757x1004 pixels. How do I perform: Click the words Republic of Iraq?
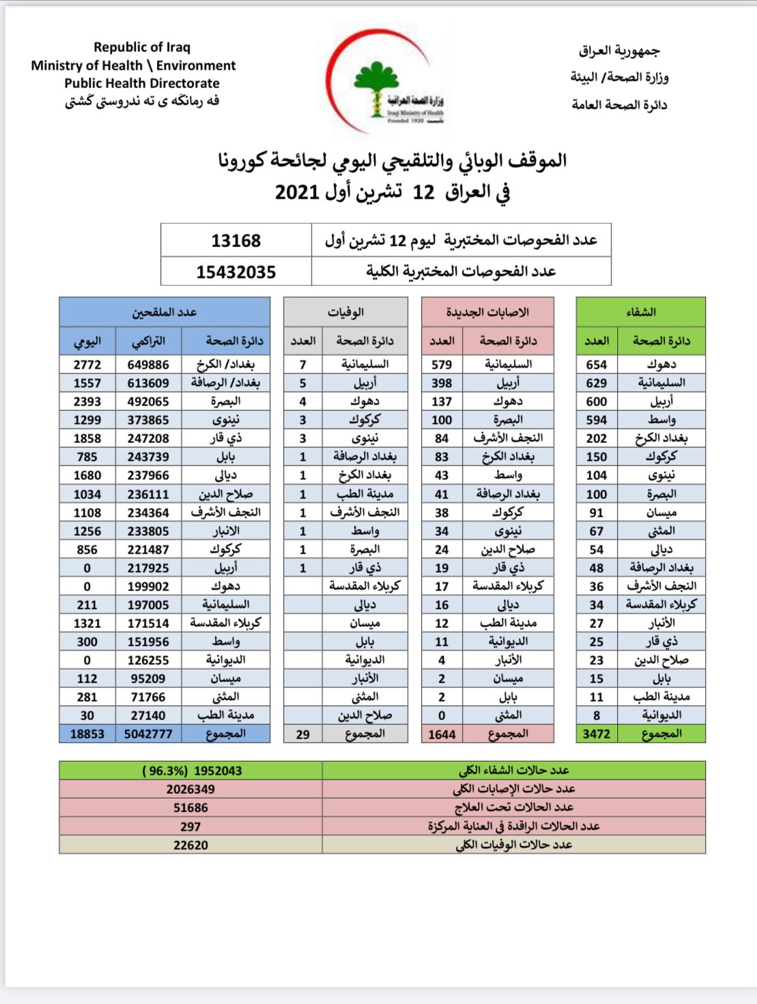[x=142, y=47]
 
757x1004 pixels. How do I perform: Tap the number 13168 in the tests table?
[x=235, y=240]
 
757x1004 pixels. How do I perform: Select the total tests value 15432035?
[x=235, y=272]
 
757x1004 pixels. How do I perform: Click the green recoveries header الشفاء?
[x=640, y=312]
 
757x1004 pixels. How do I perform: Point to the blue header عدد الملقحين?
[x=164, y=312]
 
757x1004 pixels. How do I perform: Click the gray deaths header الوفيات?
[x=345, y=312]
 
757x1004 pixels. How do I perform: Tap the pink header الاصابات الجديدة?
[x=487, y=312]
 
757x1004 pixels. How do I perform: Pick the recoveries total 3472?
[x=596, y=734]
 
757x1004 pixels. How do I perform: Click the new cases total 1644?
[x=442, y=734]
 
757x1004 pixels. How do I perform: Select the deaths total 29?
[x=302, y=734]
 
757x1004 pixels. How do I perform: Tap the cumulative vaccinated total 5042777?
[x=148, y=734]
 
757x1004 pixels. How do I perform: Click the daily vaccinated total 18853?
[x=87, y=734]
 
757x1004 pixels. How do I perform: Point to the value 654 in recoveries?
[x=596, y=364]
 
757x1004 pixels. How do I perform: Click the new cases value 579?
[x=442, y=364]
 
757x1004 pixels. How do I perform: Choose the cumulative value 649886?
[x=148, y=364]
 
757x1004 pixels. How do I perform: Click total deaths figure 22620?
[x=190, y=845]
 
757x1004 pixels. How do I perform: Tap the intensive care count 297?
[x=190, y=827]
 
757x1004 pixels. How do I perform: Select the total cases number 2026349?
[x=190, y=789]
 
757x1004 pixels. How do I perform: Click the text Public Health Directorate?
[x=142, y=83]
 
